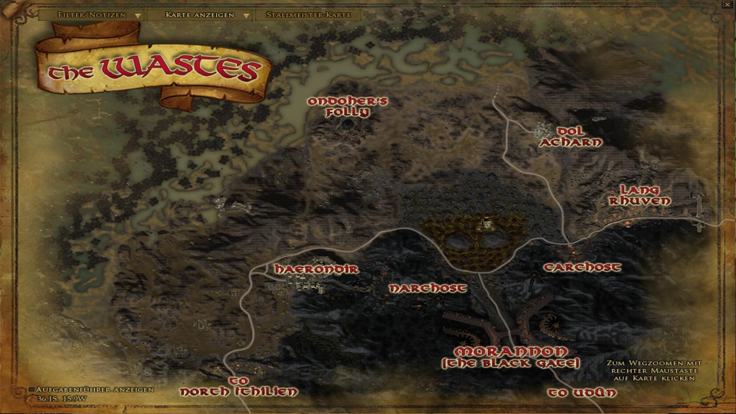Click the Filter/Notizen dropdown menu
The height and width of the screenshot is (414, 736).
[92, 15]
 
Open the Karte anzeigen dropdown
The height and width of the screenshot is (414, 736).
[200, 15]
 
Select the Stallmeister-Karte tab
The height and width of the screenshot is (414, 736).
[308, 15]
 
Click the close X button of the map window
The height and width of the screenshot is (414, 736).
[727, 4]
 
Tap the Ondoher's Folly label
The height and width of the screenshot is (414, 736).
[348, 107]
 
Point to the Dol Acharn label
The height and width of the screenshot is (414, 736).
[571, 137]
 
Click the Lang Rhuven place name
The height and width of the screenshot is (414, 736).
[639, 195]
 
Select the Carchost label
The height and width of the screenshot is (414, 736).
[582, 267]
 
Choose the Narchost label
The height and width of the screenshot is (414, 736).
[428, 288]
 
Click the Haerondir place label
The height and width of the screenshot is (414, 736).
[316, 269]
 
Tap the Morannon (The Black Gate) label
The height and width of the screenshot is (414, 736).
[511, 357]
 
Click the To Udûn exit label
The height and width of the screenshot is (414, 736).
[582, 393]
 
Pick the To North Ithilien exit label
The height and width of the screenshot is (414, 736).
[238, 386]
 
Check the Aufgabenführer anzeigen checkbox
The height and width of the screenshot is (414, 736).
[32, 389]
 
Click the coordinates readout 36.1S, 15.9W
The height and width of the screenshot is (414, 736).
[62, 398]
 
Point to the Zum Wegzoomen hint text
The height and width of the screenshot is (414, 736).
[654, 370]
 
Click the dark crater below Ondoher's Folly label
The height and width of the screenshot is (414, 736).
[347, 124]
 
